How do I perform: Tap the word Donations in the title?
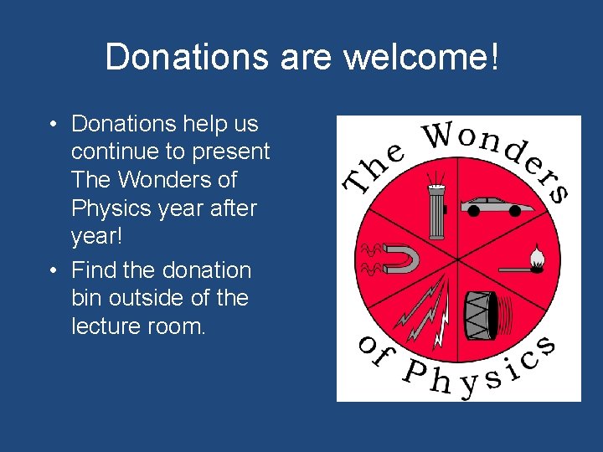[185, 58]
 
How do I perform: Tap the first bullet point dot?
[52, 125]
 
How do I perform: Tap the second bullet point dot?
[52, 271]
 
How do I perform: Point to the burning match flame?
[536, 254]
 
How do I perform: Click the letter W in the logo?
[441, 135]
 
